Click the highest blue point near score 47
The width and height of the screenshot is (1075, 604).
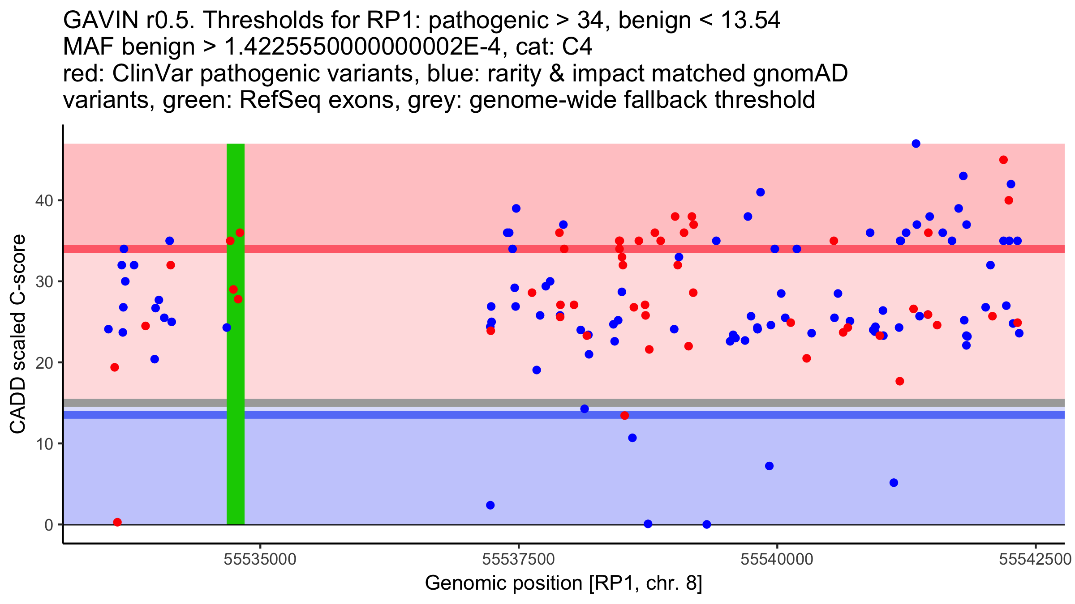[916, 144]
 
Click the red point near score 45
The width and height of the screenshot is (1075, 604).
[1003, 160]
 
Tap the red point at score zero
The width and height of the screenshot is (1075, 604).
[117, 522]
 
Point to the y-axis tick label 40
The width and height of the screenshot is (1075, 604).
[44, 200]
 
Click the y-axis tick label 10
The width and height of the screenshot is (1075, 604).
[44, 444]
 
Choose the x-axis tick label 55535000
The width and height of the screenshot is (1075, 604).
[260, 559]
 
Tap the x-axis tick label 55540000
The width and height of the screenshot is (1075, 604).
[777, 559]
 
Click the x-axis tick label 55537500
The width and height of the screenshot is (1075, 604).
[519, 559]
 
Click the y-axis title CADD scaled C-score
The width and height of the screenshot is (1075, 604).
[18, 334]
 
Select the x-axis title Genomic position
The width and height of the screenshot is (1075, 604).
[563, 583]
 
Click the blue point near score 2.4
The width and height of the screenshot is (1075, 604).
[490, 505]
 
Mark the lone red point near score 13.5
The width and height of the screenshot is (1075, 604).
[624, 416]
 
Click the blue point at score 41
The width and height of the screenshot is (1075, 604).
[761, 192]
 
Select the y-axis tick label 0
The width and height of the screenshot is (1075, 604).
[48, 525]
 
